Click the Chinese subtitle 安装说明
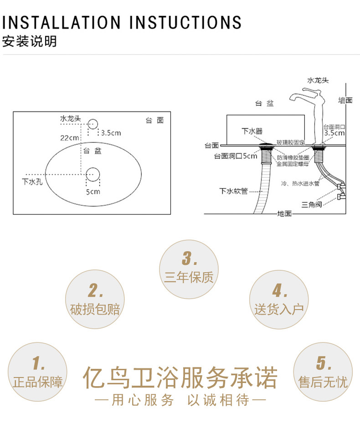[x=30, y=42]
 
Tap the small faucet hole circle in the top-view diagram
[x=93, y=124]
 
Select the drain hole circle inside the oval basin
[x=93, y=174]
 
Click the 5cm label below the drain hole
[x=93, y=192]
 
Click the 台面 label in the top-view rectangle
[x=154, y=120]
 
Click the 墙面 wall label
[x=345, y=100]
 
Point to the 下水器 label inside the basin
[x=252, y=131]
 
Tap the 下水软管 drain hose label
[x=233, y=191]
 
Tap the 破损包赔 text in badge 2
[x=95, y=310]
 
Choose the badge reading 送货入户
[x=279, y=310]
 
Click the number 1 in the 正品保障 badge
[x=38, y=364]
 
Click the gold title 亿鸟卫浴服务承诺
[x=180, y=378]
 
